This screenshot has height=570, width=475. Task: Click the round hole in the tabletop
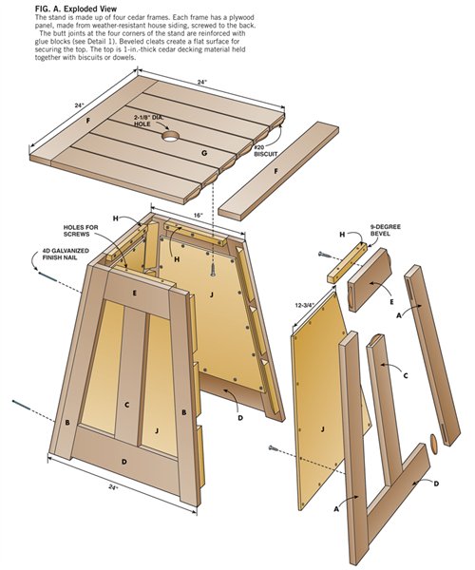pyautogui.click(x=171, y=137)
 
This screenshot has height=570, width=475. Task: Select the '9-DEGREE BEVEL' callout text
pyautogui.click(x=383, y=231)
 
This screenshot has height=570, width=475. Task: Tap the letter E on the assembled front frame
pyautogui.click(x=135, y=294)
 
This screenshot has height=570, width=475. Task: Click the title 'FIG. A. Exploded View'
pyautogui.click(x=53, y=8)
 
